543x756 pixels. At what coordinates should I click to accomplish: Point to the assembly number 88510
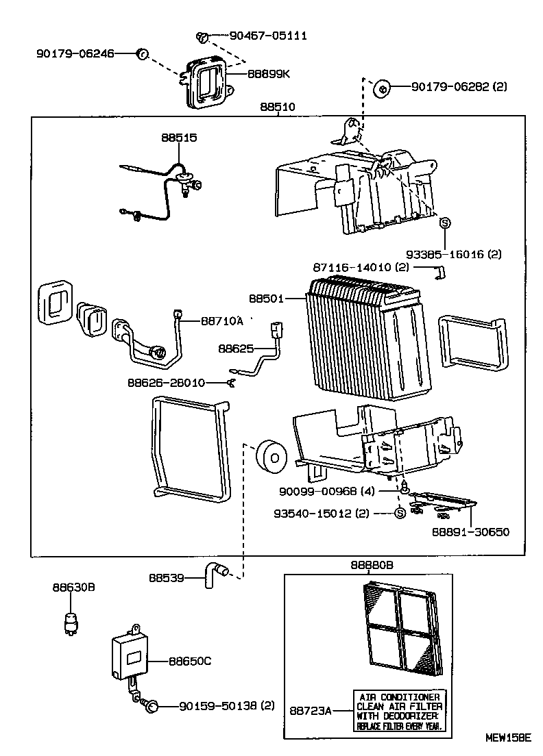[278, 108]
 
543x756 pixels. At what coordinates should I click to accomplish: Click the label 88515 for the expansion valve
[179, 138]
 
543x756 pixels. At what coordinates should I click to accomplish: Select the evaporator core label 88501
[265, 299]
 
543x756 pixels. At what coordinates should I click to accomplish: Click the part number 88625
[235, 349]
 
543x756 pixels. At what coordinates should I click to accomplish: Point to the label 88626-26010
[166, 382]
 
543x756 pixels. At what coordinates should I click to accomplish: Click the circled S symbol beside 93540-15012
[400, 514]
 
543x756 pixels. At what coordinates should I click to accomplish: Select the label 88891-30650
[470, 531]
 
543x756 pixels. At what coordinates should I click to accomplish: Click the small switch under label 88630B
[69, 617]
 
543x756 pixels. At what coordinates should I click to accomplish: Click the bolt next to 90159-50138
[154, 705]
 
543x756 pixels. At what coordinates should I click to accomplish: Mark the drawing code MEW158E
[509, 738]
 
